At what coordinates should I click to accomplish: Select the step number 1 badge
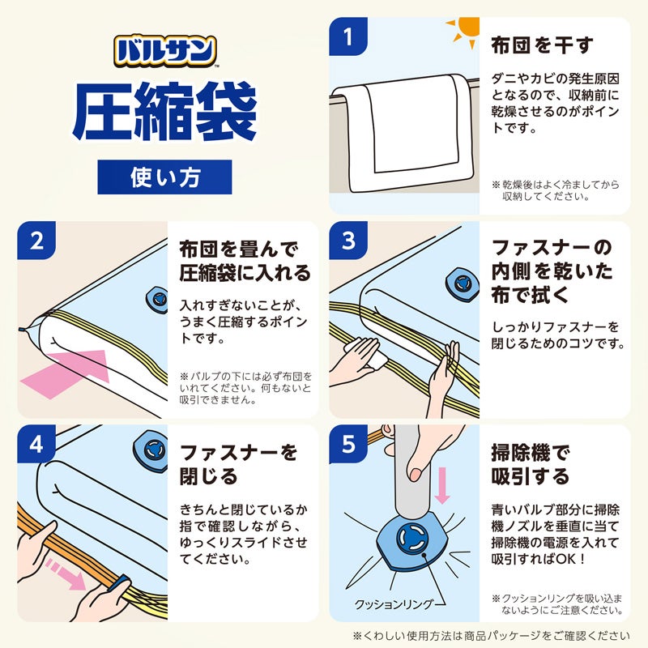pyautogui.click(x=350, y=37)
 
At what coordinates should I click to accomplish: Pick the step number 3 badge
pyautogui.click(x=350, y=241)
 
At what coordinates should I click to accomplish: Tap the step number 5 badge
pyautogui.click(x=350, y=445)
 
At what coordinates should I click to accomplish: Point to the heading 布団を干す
pyautogui.click(x=542, y=45)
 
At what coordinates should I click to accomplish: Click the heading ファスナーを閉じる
pyautogui.click(x=238, y=463)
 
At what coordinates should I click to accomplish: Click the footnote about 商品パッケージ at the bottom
pyautogui.click(x=491, y=636)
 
